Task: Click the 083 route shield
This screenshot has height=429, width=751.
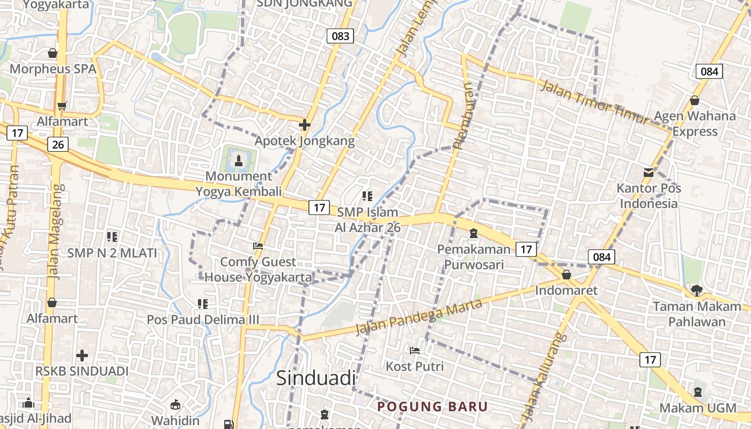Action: coord(340,36)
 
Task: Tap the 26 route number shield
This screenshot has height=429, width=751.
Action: coord(58,144)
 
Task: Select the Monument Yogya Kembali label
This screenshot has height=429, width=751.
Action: coord(239,183)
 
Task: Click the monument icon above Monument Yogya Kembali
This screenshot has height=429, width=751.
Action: coord(239,159)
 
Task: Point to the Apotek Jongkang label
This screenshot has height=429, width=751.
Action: coord(304,141)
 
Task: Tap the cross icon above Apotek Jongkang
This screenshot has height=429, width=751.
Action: coord(305,125)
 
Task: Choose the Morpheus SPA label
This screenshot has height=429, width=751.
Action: coord(53,69)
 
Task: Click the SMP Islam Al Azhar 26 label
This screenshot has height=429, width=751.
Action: coord(367,219)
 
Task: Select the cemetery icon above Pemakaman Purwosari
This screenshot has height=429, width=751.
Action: coord(474,233)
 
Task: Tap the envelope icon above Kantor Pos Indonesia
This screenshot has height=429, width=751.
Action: coord(649,172)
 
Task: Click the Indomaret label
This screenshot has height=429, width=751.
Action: coord(566,291)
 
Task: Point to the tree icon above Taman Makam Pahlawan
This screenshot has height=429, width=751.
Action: coord(696,290)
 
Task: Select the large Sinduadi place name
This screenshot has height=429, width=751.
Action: coord(316,378)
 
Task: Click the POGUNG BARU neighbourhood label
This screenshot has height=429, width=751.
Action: coord(433,406)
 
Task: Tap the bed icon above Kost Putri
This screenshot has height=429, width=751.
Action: coord(415,350)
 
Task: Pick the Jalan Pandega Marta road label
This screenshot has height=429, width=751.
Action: coord(419,316)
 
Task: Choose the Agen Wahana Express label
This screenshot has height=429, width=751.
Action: coord(695,123)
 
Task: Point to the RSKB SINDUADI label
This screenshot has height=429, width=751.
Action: coord(82,371)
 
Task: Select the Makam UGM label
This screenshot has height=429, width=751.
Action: coord(698,408)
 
